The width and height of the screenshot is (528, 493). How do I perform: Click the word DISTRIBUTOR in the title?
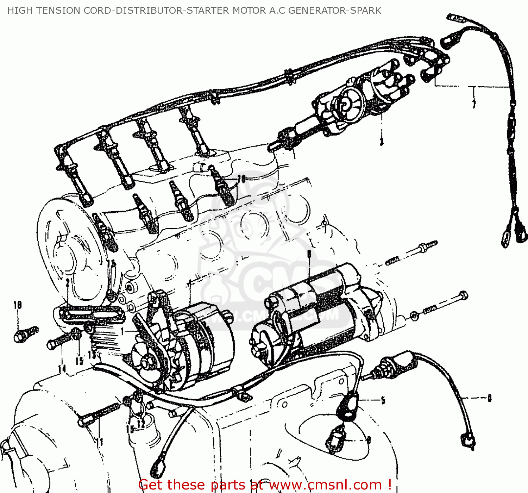(x=149, y=11)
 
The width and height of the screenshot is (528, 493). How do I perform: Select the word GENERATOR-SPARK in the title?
(x=334, y=11)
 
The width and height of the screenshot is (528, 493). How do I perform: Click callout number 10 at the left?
(x=18, y=305)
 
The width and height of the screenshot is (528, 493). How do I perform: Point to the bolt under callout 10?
(x=25, y=334)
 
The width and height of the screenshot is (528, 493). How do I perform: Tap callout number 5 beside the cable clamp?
(x=383, y=400)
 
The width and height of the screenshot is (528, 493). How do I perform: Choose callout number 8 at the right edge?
(x=489, y=398)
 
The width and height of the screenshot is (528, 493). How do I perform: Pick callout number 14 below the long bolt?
(x=62, y=369)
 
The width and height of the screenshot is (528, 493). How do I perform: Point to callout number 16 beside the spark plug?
(x=241, y=179)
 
